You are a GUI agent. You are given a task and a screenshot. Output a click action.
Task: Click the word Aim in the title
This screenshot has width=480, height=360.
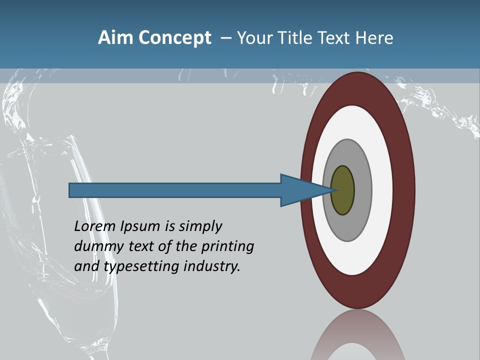pos(114,37)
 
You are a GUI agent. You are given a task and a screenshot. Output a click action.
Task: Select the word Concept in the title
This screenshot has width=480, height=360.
pos(173,37)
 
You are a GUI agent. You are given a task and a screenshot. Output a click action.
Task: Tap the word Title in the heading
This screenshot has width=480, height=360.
pos(296,37)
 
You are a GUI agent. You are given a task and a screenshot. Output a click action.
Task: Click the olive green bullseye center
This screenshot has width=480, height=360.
pos(342,190)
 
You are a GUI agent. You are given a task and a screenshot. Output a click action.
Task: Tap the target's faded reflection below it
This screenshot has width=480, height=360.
pos(357,337)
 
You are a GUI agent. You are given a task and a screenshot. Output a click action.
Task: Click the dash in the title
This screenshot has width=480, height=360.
pos(226,38)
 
